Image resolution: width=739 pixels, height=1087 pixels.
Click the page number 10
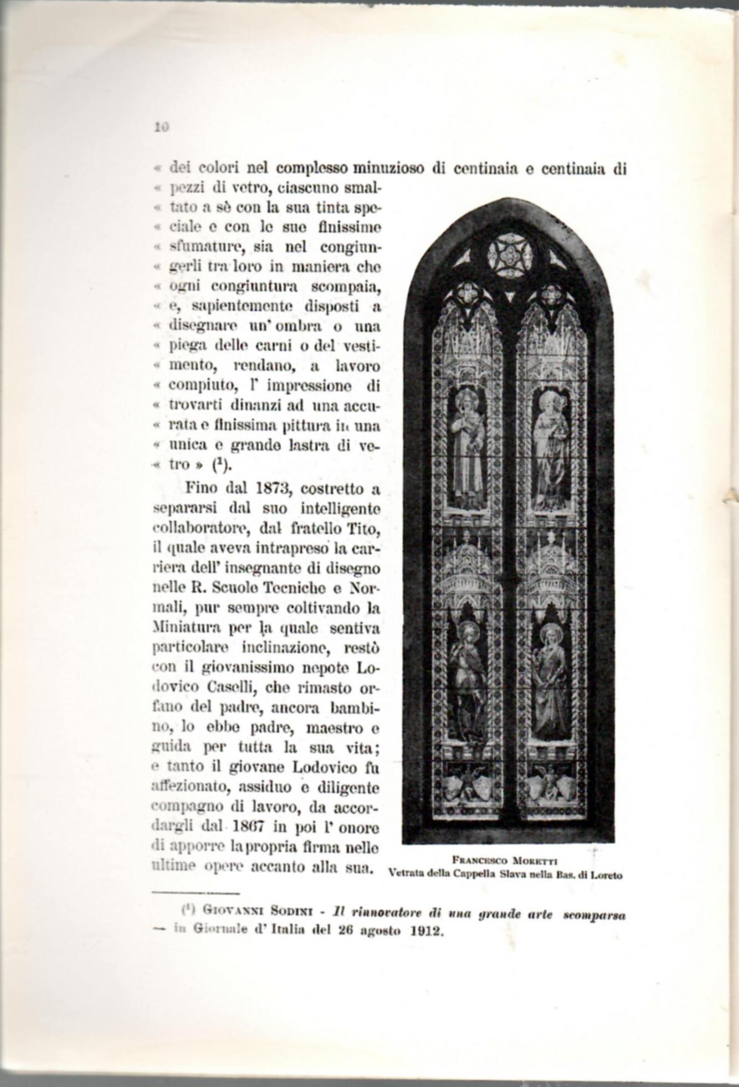161,127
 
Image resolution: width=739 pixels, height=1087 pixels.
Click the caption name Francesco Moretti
504,860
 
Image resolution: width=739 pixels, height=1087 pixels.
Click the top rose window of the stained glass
510,255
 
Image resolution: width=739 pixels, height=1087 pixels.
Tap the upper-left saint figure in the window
467,449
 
